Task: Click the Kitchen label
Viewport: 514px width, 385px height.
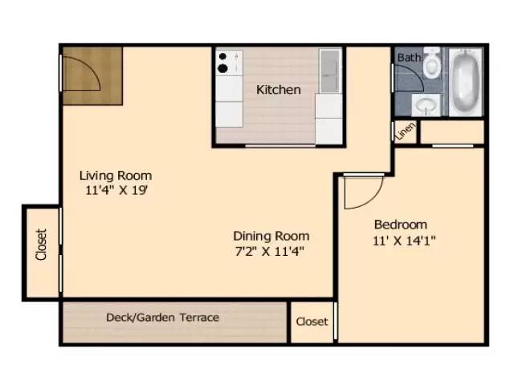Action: [279, 90]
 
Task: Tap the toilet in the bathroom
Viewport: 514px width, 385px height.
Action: [431, 63]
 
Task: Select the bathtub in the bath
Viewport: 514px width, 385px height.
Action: [466, 81]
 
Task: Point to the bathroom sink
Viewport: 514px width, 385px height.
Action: [426, 105]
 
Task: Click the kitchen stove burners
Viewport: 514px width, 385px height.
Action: [223, 63]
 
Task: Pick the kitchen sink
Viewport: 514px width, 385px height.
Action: [329, 71]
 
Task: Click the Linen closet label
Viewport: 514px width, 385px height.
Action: [405, 132]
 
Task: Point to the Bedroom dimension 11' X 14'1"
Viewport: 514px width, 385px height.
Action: [404, 241]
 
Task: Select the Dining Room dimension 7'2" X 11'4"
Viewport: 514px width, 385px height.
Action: [270, 251]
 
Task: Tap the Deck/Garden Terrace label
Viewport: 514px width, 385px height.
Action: [162, 318]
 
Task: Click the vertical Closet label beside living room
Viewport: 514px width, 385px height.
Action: [41, 245]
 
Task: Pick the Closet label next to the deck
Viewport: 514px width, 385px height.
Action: [312, 322]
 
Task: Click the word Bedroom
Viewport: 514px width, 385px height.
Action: [401, 225]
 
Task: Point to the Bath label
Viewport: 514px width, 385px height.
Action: [409, 58]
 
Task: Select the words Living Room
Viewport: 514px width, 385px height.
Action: [116, 176]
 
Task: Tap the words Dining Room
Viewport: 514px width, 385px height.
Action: [271, 236]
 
